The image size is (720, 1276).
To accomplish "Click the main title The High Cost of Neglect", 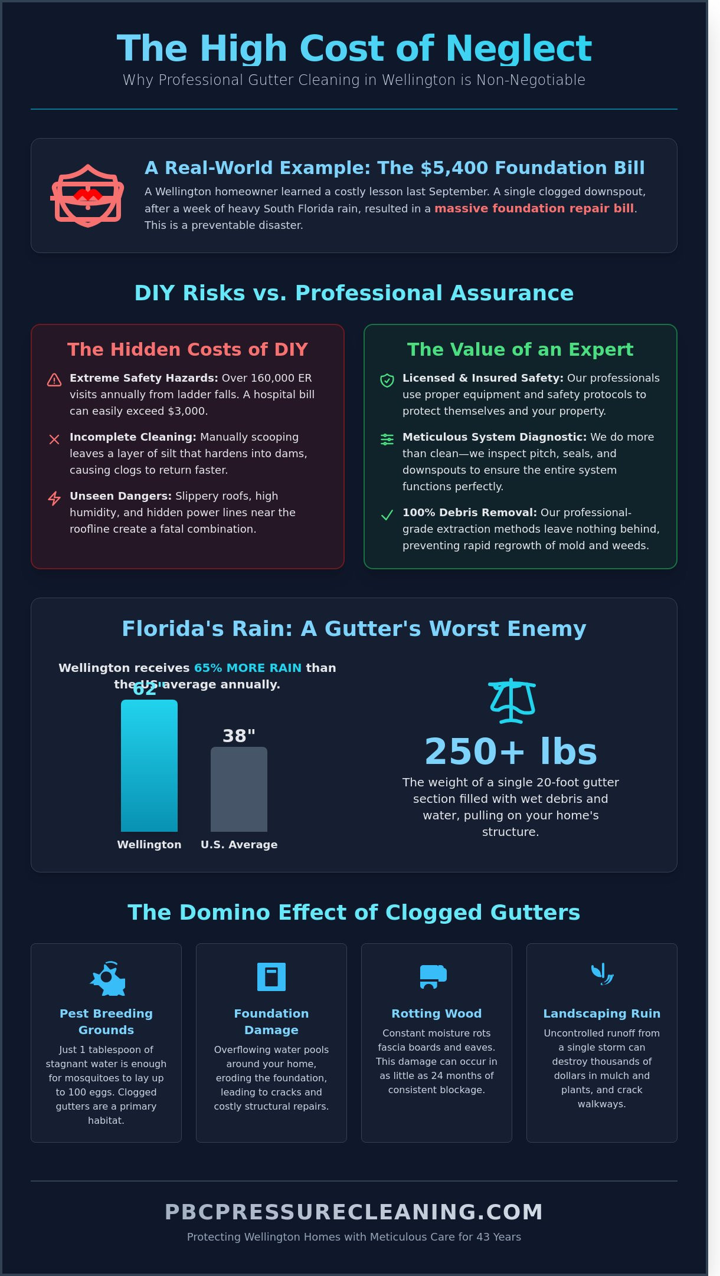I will [354, 48].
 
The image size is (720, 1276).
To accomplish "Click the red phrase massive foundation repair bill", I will [534, 208].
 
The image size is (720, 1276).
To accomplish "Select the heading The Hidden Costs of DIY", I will [188, 349].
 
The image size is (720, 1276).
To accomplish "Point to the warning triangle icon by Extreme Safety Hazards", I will [54, 380].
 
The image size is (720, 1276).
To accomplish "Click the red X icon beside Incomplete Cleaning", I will [54, 439].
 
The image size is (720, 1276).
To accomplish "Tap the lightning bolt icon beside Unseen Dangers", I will [54, 498].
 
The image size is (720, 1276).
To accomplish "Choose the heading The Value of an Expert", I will [520, 349].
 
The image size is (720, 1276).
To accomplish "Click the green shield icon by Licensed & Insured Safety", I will [387, 380].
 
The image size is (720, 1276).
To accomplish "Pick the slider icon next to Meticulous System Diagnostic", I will [387, 439].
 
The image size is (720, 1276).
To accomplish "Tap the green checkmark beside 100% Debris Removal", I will [387, 515].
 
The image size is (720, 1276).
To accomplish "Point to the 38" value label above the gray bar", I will [239, 736].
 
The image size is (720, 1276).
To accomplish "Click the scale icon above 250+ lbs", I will [511, 700].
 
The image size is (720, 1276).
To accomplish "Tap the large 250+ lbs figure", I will [511, 751].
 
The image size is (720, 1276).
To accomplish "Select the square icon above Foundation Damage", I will [271, 976].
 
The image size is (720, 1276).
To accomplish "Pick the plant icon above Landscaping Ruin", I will [602, 973].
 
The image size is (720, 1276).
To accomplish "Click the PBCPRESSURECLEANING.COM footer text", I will [354, 1212].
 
